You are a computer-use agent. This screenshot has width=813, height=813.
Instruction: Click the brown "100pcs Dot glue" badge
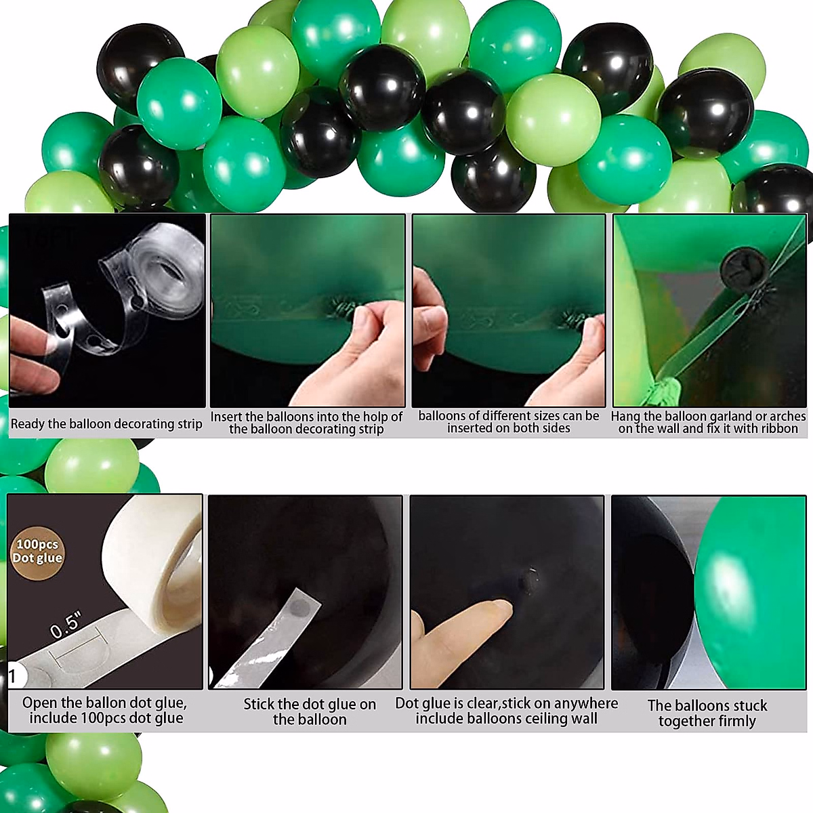(x=37, y=551)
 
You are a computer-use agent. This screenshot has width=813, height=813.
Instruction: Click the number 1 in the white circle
(x=13, y=676)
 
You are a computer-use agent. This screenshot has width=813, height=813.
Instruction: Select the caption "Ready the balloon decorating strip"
(x=106, y=424)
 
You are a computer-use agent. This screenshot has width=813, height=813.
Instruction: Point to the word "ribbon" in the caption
(x=778, y=429)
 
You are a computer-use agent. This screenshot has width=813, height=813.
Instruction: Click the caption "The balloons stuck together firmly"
(x=707, y=713)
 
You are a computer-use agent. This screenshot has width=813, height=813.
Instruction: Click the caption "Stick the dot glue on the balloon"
(x=310, y=711)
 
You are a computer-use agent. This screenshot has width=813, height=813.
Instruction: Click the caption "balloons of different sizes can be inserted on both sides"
(x=509, y=422)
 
